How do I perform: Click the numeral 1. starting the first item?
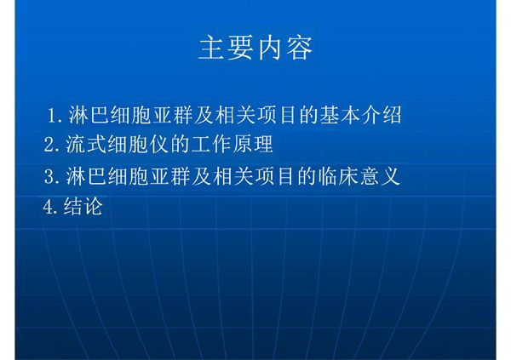point(55,115)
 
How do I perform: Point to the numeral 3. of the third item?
point(52,177)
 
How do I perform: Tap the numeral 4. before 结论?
point(52,206)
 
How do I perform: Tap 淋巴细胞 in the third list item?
point(106,177)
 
